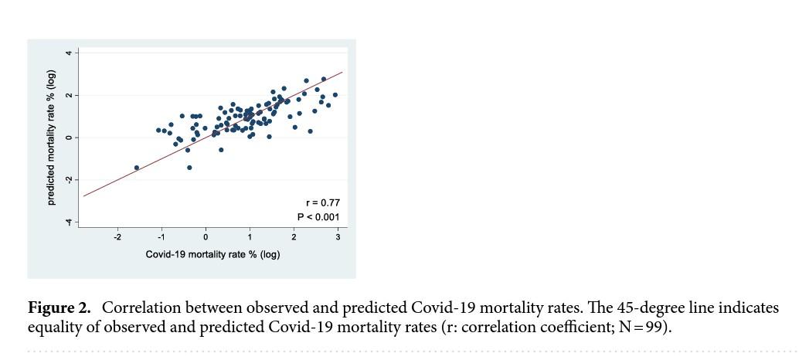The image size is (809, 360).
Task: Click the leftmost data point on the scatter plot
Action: pos(137,168)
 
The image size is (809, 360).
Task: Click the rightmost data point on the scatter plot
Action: pos(335,95)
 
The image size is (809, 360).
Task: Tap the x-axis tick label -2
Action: pos(117,237)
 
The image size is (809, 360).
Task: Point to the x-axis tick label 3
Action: pos(338,237)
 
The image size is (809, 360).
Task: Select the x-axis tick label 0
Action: pos(206,237)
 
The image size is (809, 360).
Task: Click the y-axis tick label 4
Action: pos(68,53)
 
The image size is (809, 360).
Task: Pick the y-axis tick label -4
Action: pos(68,222)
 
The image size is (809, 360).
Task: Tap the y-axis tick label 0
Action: pos(68,138)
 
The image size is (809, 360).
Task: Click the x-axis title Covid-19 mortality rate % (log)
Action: pos(212,254)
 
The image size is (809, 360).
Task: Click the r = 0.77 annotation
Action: pos(322,203)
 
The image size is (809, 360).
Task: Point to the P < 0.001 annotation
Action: pos(318,217)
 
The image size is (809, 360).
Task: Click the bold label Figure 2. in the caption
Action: pos(59,308)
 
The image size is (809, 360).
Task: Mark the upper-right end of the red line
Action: pos(342,72)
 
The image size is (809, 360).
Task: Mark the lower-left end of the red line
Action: pos(83,196)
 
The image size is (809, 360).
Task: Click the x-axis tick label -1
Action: pos(161,237)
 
